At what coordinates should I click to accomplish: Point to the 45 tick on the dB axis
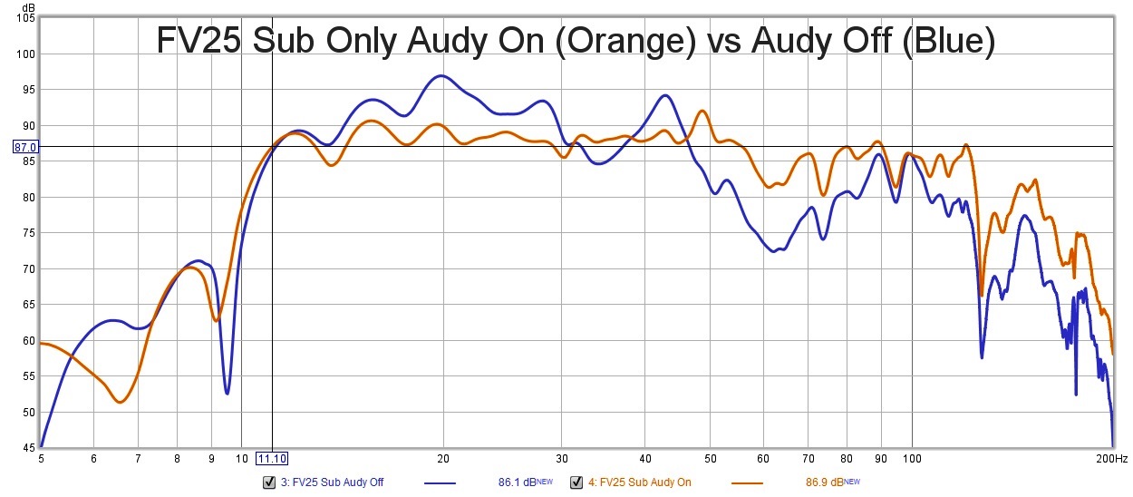(27, 447)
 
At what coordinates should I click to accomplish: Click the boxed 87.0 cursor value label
(24, 147)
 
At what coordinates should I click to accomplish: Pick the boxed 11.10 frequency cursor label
(273, 459)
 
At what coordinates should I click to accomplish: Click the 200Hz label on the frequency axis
(1113, 459)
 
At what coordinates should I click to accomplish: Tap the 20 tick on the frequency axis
(443, 459)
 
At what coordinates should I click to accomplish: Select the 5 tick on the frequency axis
(41, 459)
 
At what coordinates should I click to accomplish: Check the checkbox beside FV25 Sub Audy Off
(268, 482)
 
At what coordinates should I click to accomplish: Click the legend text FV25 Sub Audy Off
(331, 483)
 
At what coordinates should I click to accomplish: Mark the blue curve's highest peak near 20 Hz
(441, 76)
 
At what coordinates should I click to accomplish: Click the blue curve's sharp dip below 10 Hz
(227, 393)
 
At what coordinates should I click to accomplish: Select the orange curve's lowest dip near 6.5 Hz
(120, 402)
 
